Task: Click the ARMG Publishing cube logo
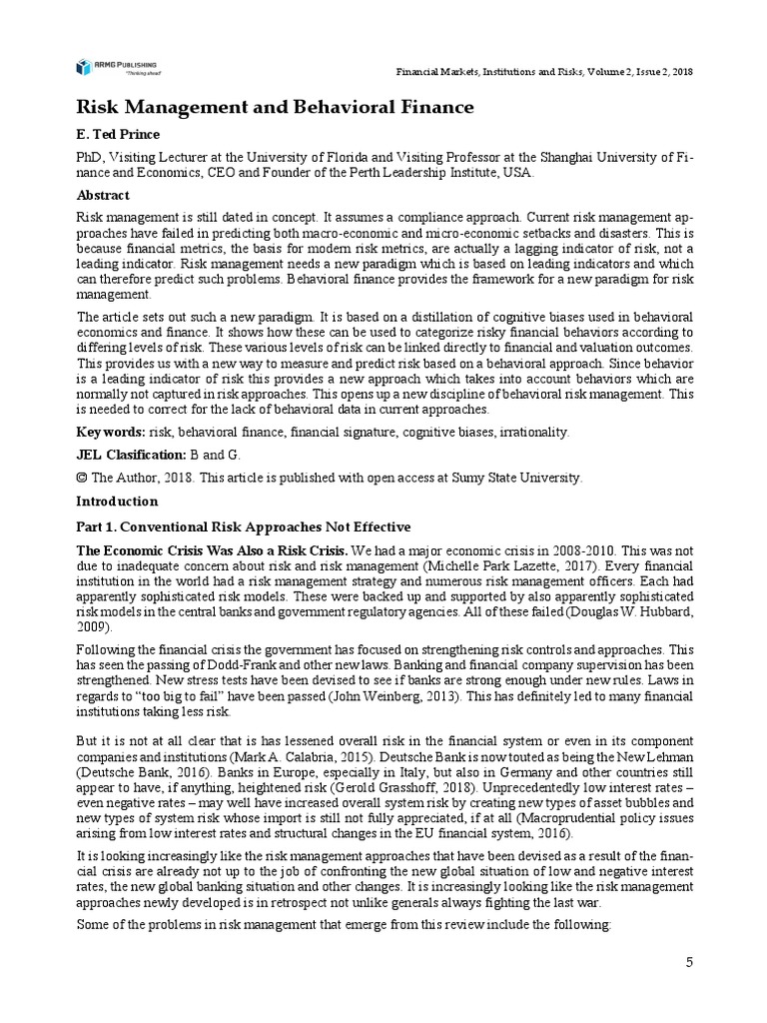[85, 67]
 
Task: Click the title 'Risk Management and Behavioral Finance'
[276, 107]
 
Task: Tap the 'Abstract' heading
[105, 196]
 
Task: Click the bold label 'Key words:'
[111, 432]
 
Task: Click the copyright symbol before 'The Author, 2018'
[83, 478]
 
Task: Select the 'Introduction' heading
[117, 502]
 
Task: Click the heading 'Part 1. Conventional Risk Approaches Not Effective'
[244, 526]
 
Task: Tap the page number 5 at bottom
[688, 962]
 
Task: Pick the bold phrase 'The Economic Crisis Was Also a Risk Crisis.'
[213, 550]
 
